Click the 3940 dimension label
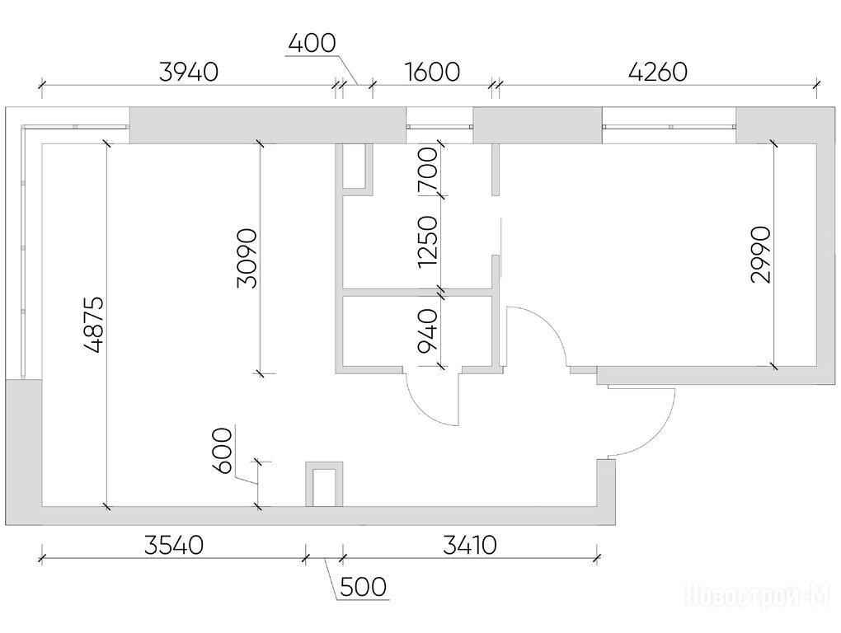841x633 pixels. (189, 73)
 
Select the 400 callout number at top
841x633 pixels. (312, 43)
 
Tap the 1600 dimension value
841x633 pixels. (432, 73)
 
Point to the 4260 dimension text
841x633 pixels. (658, 73)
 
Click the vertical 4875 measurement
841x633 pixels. (94, 325)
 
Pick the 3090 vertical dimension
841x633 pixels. (247, 259)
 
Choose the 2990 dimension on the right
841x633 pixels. (761, 255)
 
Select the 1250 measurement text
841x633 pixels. (428, 241)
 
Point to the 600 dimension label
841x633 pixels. (222, 451)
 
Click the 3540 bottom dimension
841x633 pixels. (174, 546)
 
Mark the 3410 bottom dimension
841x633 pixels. (470, 546)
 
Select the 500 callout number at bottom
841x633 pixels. (363, 587)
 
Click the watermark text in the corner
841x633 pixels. (758, 595)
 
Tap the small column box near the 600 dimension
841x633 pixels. (324, 484)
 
